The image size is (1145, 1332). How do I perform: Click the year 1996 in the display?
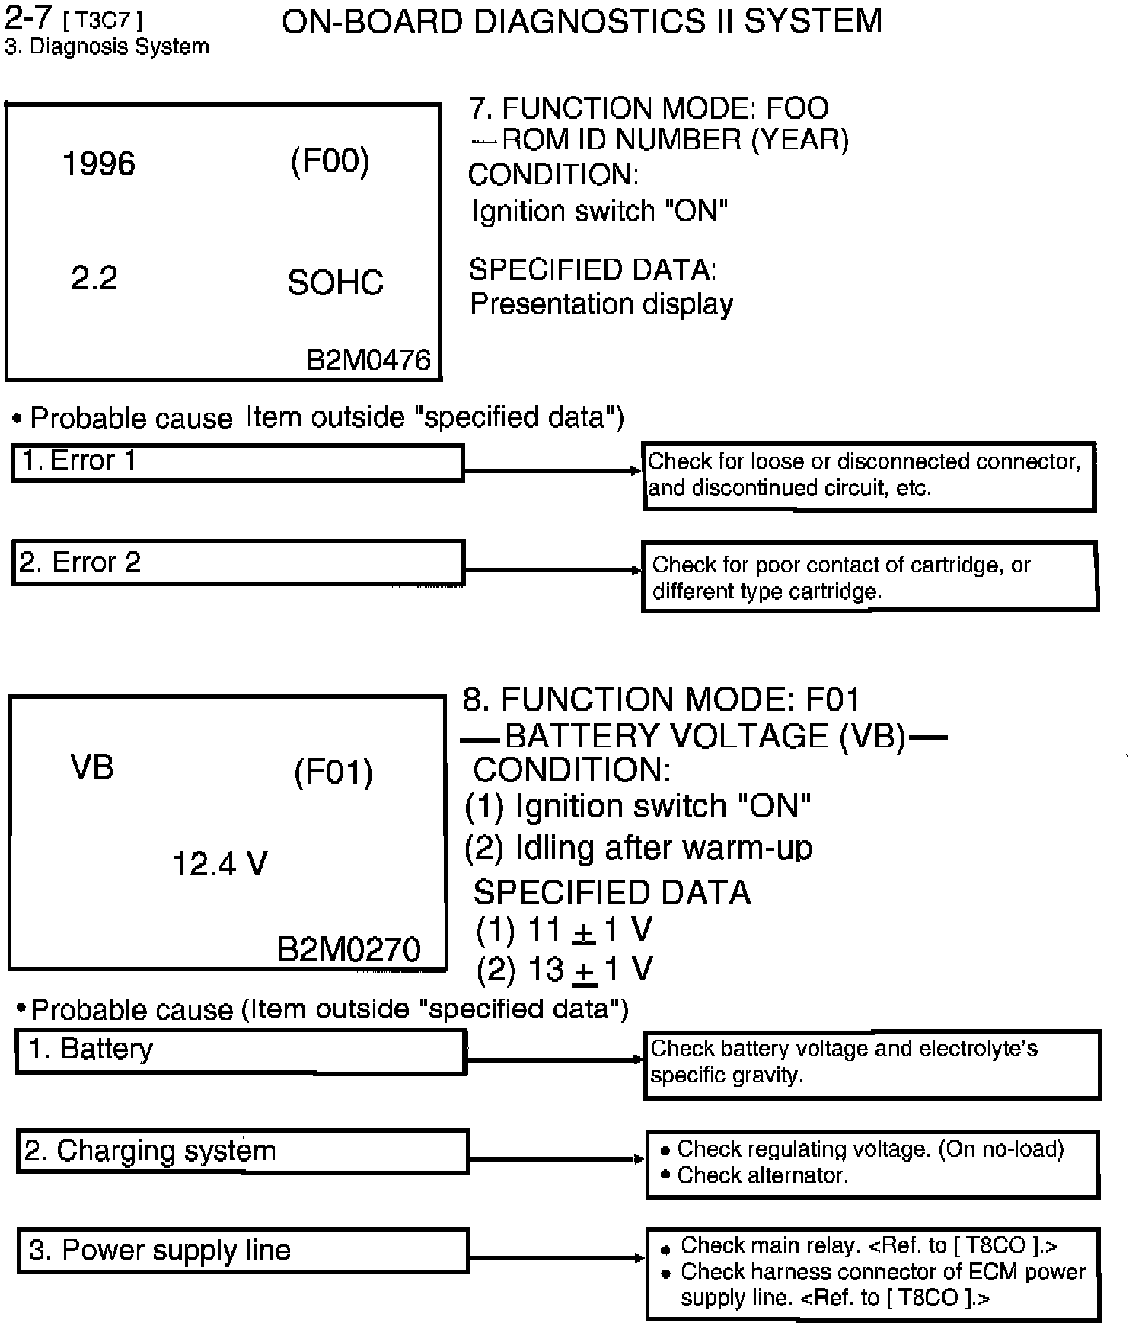tap(98, 164)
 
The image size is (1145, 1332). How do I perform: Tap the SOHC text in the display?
tap(335, 283)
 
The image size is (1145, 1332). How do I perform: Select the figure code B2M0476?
tap(368, 360)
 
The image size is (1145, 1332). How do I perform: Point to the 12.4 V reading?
tap(220, 864)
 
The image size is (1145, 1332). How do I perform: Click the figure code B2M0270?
tap(349, 949)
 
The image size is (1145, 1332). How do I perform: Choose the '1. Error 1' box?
tap(238, 462)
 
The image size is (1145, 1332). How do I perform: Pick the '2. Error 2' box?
tap(238, 563)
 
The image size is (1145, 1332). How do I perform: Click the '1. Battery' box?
tap(241, 1050)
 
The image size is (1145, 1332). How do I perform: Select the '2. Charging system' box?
tap(242, 1151)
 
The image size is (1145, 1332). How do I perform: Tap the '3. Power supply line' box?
tap(242, 1251)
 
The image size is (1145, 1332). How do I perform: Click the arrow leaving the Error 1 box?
tap(553, 471)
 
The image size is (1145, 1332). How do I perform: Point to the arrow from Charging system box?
tap(557, 1159)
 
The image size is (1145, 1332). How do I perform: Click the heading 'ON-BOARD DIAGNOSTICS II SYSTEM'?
tap(582, 21)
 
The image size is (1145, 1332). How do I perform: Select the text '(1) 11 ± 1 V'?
tap(564, 930)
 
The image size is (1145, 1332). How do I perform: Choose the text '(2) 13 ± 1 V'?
tap(564, 970)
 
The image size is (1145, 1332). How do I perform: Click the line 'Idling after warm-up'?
tap(638, 848)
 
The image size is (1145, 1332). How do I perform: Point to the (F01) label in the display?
tap(333, 773)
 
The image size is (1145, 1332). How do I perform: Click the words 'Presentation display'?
tap(601, 304)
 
